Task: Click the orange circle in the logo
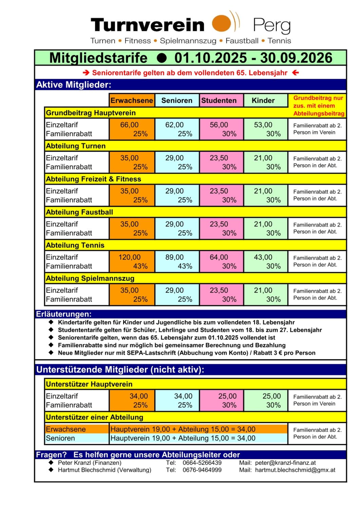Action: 221,23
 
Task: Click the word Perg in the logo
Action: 272,25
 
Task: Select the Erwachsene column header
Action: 132,100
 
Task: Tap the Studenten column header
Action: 219,100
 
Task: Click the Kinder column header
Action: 263,100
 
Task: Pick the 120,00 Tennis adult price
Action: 129,257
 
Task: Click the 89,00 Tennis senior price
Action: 174,257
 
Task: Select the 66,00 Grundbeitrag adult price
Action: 129,125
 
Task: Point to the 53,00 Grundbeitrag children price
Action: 263,125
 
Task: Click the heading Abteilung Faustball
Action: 79,212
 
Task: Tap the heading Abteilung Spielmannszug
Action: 90,278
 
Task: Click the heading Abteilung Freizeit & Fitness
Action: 93,179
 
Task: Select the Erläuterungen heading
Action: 64,314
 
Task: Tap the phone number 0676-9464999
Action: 202,470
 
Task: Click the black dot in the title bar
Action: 162,58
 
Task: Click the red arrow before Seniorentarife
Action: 86,73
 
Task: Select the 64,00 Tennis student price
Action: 219,257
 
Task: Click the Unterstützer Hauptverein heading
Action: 89,384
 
